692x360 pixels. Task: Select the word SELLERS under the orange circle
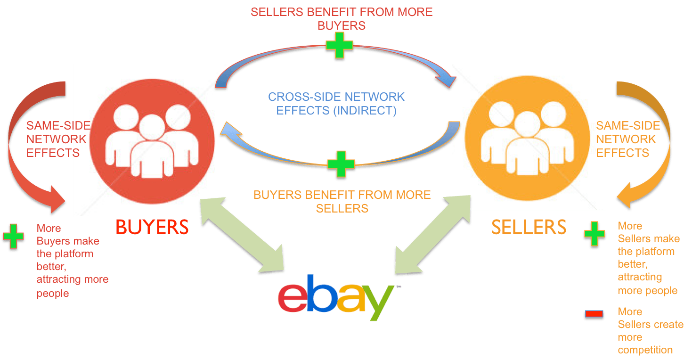click(529, 227)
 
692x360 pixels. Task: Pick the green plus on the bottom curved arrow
click(341, 164)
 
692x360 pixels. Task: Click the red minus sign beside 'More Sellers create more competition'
click(594, 314)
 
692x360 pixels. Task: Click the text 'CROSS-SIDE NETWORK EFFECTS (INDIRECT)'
click(336, 104)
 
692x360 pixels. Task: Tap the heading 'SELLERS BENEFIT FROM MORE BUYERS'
click(342, 18)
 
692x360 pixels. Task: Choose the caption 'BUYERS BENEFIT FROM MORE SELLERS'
click(342, 201)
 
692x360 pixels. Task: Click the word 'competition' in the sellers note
click(645, 350)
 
